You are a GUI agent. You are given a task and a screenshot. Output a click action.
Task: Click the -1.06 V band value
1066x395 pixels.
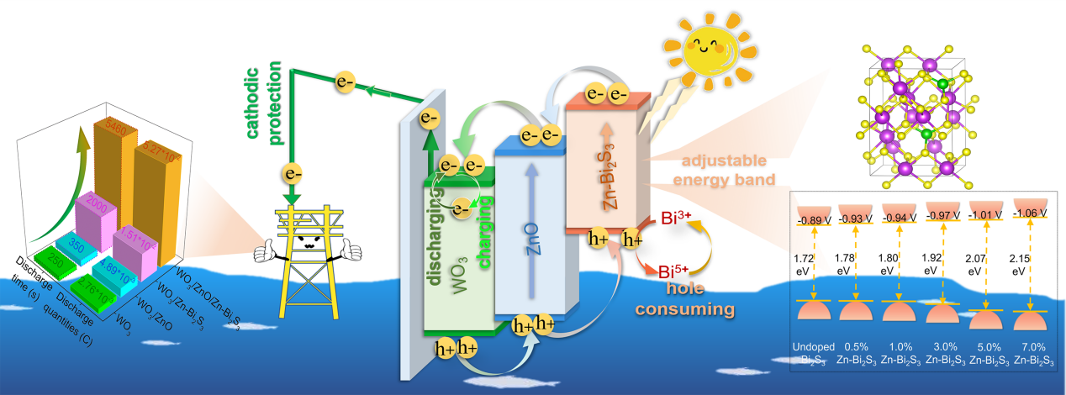pos(1030,213)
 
